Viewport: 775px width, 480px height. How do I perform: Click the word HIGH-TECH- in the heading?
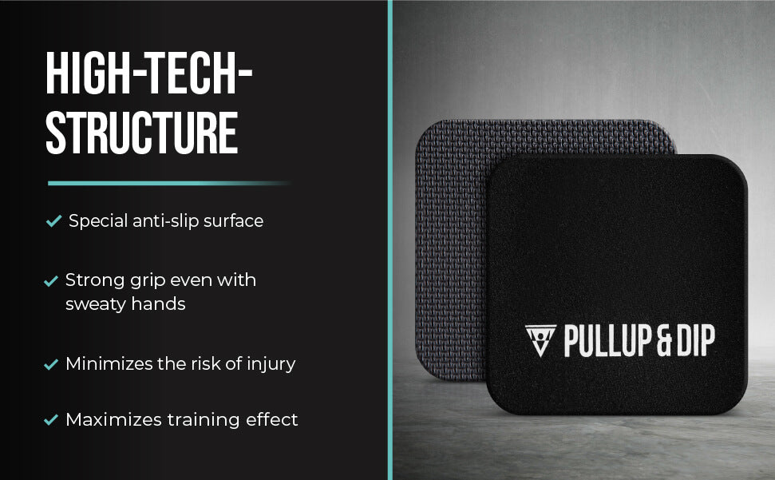point(149,73)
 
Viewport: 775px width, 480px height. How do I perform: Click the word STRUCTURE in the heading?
point(142,133)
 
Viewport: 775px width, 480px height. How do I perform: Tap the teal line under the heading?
point(168,184)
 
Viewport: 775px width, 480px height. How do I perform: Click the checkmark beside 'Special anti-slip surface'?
point(53,220)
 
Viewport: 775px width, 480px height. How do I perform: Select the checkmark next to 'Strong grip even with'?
point(51,281)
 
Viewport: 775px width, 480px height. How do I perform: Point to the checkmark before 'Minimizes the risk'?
point(51,364)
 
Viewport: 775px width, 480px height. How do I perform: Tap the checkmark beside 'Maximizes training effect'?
point(51,419)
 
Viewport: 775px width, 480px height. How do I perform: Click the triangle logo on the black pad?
point(540,340)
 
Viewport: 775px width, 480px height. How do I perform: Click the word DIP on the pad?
point(695,340)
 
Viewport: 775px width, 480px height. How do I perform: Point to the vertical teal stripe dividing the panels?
point(390,240)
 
